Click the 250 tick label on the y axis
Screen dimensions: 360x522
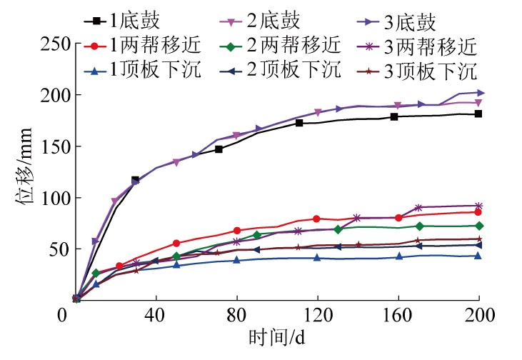tap(54, 44)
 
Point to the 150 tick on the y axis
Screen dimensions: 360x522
tap(54, 146)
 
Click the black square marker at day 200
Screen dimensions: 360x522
tap(478, 114)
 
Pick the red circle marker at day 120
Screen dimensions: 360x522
tap(316, 219)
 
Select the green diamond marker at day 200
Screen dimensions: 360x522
tap(478, 226)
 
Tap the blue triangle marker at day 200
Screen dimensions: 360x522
tap(478, 255)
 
